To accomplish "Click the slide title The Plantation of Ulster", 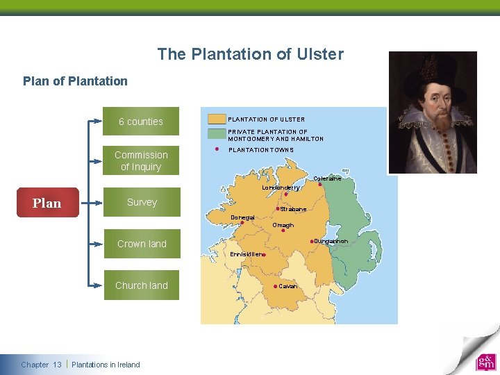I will (250, 54).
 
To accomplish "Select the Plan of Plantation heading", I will (75, 81).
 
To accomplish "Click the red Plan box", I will (47, 203).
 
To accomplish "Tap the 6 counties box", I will (141, 122).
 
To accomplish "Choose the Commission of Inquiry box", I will (141, 160).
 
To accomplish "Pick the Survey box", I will (141, 202).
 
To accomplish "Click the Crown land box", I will (141, 244).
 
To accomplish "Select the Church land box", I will (141, 285).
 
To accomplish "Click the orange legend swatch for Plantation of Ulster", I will (217, 119).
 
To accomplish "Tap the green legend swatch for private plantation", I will (217, 133).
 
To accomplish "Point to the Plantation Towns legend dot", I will (217, 149).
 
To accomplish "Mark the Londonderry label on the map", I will (281, 187).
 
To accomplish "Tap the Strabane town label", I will (293, 209).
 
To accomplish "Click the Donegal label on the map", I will (242, 217).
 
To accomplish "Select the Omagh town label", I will (283, 225).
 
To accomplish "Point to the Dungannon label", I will (331, 241).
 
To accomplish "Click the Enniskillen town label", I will (245, 254).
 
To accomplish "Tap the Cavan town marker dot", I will (276, 286).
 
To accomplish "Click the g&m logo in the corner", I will (485, 362).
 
